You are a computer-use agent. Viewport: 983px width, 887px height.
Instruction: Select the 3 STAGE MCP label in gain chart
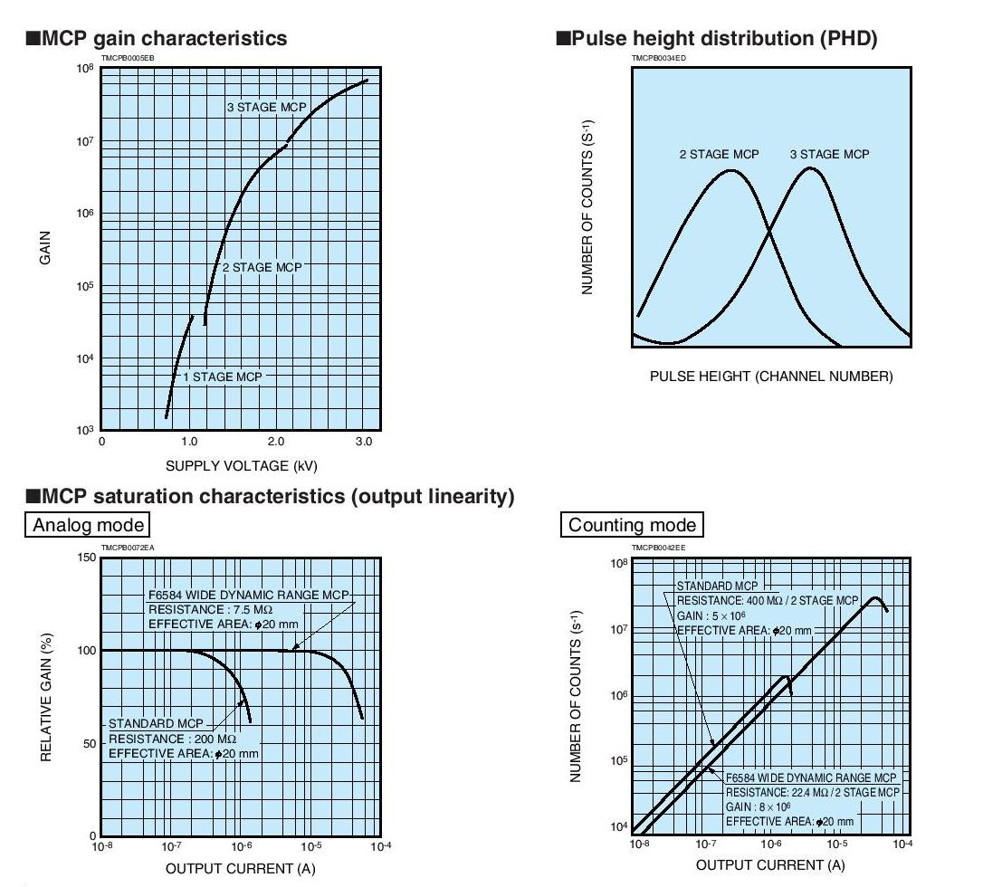[x=267, y=108]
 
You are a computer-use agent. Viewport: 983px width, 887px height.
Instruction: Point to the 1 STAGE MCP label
[x=222, y=377]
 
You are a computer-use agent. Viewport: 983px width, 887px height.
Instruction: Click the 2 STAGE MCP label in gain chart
[x=262, y=268]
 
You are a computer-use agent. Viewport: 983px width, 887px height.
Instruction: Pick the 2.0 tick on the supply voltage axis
[x=276, y=442]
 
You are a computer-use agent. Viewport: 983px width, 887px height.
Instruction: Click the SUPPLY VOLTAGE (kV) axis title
[x=242, y=466]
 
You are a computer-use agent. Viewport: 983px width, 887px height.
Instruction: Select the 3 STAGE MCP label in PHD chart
[x=829, y=155]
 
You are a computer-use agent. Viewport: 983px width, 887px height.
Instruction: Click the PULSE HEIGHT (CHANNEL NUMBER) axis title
[x=771, y=377]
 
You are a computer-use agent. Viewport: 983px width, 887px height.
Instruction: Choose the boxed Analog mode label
[x=88, y=525]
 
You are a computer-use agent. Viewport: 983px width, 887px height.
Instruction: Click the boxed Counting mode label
[x=634, y=525]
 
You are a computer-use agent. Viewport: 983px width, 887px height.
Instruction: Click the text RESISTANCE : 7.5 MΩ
[x=210, y=610]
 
